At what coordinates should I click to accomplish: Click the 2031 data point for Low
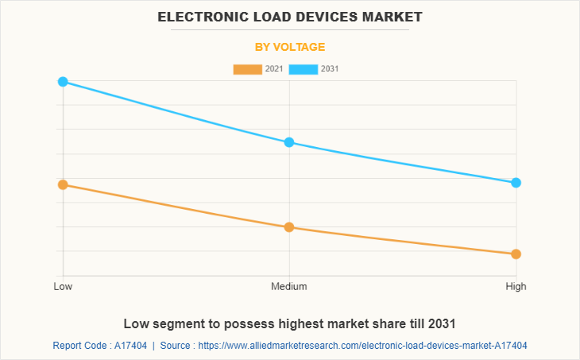pos(63,82)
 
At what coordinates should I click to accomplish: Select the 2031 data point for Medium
pos(289,142)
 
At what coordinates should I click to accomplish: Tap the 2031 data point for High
pos(516,183)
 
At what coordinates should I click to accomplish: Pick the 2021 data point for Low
pos(63,184)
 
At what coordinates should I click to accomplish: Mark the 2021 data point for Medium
pos(289,227)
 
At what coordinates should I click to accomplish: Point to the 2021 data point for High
pos(516,254)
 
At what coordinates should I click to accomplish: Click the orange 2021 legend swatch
pos(247,69)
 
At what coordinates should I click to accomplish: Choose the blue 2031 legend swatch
pos(304,69)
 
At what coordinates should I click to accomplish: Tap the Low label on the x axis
pos(63,286)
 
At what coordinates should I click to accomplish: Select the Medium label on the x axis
pos(289,286)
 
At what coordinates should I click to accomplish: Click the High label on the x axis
pos(516,286)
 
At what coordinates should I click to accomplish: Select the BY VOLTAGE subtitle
pos(290,47)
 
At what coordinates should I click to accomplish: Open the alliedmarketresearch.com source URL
pos(362,346)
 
